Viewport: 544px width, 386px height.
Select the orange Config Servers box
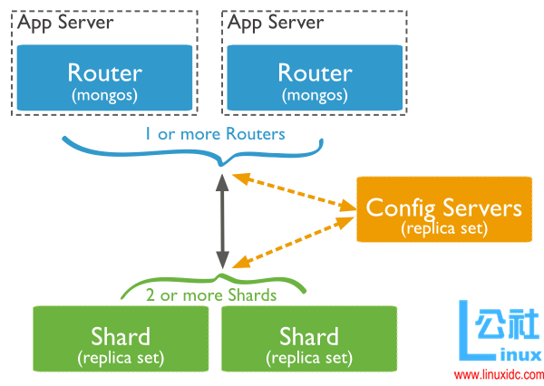pyautogui.click(x=443, y=216)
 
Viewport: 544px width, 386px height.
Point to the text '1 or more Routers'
pyautogui.click(x=215, y=134)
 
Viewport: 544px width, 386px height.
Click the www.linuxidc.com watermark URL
pyautogui.click(x=497, y=374)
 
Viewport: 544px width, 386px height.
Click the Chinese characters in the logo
pyautogui.click(x=509, y=324)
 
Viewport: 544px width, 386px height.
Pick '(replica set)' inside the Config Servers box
pyautogui.click(x=443, y=229)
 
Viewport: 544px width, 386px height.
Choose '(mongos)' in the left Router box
pyautogui.click(x=104, y=94)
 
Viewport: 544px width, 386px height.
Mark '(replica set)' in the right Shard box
pyautogui.click(x=309, y=357)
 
